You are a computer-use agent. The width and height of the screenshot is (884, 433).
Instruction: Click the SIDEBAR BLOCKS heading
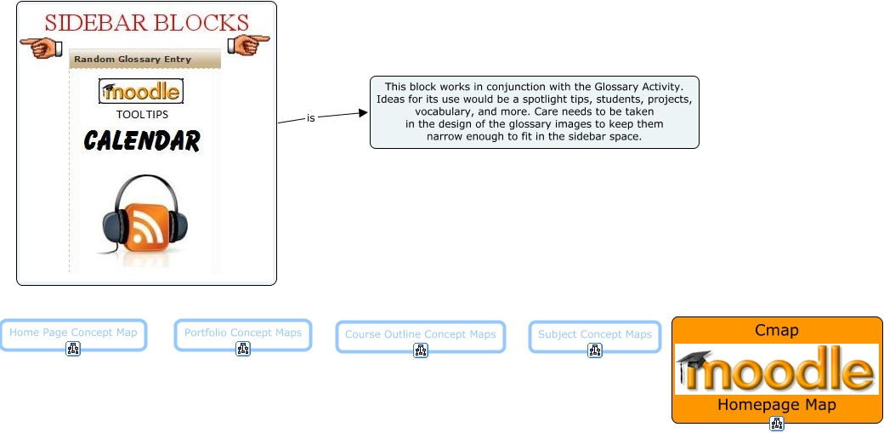click(146, 22)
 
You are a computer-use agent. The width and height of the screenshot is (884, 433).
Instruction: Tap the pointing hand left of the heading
click(41, 45)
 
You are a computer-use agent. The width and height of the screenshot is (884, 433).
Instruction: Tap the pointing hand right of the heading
click(248, 43)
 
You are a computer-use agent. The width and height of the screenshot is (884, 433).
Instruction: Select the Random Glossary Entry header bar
click(144, 60)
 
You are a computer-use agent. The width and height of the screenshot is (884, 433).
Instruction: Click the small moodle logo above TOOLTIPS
click(140, 91)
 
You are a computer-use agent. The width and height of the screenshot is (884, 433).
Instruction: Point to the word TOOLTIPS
click(142, 114)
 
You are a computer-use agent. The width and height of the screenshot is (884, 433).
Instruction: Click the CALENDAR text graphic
click(142, 140)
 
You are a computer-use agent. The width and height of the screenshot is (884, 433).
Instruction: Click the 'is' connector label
click(311, 118)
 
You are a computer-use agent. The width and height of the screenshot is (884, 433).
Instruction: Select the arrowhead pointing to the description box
click(364, 112)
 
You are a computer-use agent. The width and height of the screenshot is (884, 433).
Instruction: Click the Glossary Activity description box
click(534, 111)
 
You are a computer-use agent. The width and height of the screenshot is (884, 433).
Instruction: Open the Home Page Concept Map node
click(73, 333)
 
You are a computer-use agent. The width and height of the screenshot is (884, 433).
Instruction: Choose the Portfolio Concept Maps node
click(243, 333)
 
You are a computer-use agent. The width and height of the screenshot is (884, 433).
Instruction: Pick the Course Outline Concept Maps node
click(420, 334)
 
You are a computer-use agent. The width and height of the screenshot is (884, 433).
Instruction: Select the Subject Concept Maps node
click(594, 334)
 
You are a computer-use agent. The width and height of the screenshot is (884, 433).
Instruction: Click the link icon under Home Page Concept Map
click(73, 349)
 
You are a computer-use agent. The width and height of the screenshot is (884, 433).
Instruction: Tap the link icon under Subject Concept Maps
click(595, 350)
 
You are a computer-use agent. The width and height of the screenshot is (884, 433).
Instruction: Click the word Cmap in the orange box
click(777, 330)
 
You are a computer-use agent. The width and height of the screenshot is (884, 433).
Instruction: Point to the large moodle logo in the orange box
click(777, 369)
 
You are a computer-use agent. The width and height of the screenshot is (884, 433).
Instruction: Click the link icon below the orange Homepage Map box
click(777, 424)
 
